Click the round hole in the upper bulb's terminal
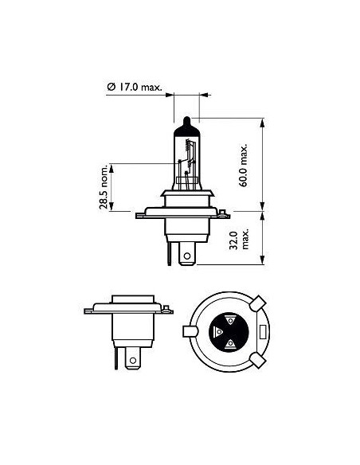point(187,257)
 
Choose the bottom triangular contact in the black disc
point(230,344)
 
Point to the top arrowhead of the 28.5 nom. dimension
point(113,165)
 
